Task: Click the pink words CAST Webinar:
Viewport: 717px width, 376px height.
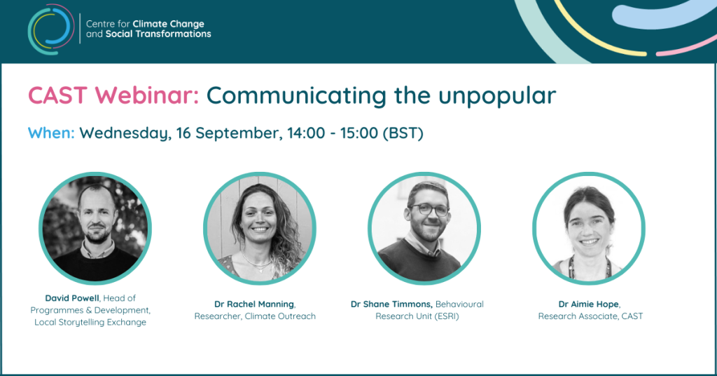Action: coord(113,95)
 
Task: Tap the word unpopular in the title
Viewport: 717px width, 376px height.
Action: coord(497,96)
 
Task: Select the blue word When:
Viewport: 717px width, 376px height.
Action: coord(51,133)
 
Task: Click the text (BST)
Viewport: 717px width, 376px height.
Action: coord(403,133)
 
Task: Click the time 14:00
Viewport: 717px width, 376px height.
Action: coord(306,133)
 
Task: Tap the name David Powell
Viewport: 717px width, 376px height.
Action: coord(72,298)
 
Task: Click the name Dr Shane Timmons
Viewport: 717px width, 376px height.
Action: coord(391,304)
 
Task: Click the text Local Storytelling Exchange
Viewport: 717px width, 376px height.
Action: coord(90,323)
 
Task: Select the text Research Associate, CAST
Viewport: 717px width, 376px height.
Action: coord(590,316)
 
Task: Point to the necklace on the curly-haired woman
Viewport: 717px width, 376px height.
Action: coord(257,264)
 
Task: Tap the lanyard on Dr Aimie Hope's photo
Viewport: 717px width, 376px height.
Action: coord(571,269)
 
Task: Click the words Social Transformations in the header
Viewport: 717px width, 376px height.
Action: coord(158,34)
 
